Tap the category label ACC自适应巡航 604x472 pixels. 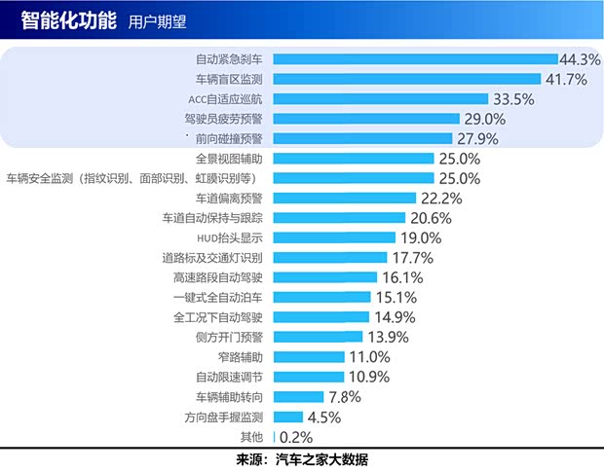(x=226, y=99)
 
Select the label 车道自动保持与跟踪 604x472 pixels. (x=213, y=218)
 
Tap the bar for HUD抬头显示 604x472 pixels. (x=335, y=237)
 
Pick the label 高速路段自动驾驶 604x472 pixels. (x=218, y=277)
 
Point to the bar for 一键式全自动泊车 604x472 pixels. (x=322, y=297)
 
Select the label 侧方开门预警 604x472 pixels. (x=230, y=337)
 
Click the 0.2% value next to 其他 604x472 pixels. (x=296, y=437)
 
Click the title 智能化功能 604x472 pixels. (x=68, y=20)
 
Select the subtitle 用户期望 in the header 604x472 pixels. (x=157, y=21)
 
